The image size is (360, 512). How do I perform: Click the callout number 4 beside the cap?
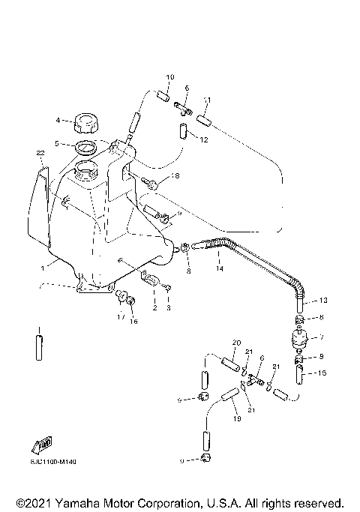click(56, 119)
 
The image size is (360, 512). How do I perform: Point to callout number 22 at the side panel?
click(41, 153)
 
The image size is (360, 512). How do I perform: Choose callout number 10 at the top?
click(169, 78)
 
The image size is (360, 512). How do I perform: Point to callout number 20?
click(235, 343)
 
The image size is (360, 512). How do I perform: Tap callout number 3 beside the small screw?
click(169, 307)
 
